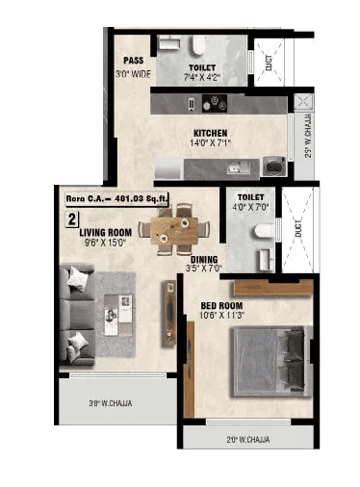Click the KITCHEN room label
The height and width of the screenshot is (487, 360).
click(x=210, y=133)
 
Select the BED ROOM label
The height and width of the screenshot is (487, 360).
click(x=220, y=306)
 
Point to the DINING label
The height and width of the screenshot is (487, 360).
click(x=203, y=260)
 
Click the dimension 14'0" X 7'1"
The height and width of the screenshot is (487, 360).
click(x=210, y=144)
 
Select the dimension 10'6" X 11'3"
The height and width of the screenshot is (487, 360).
click(x=220, y=317)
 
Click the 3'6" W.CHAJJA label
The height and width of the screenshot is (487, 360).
click(x=110, y=404)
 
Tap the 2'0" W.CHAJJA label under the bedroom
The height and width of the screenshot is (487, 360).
click(x=247, y=440)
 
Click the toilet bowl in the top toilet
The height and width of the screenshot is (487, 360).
click(x=198, y=45)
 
